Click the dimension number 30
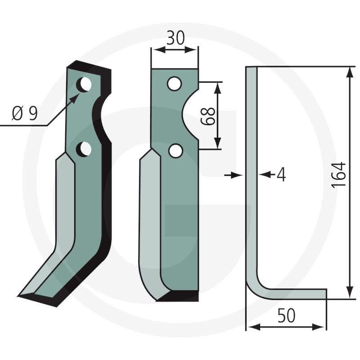tap(175, 38)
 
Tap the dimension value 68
tap(208, 116)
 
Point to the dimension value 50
tap(286, 315)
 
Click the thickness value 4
tap(281, 175)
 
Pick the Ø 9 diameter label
tap(24, 113)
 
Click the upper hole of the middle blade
tap(175, 84)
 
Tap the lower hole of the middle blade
tap(175, 151)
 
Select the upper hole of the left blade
tap(84, 84)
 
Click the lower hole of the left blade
tap(84, 149)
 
